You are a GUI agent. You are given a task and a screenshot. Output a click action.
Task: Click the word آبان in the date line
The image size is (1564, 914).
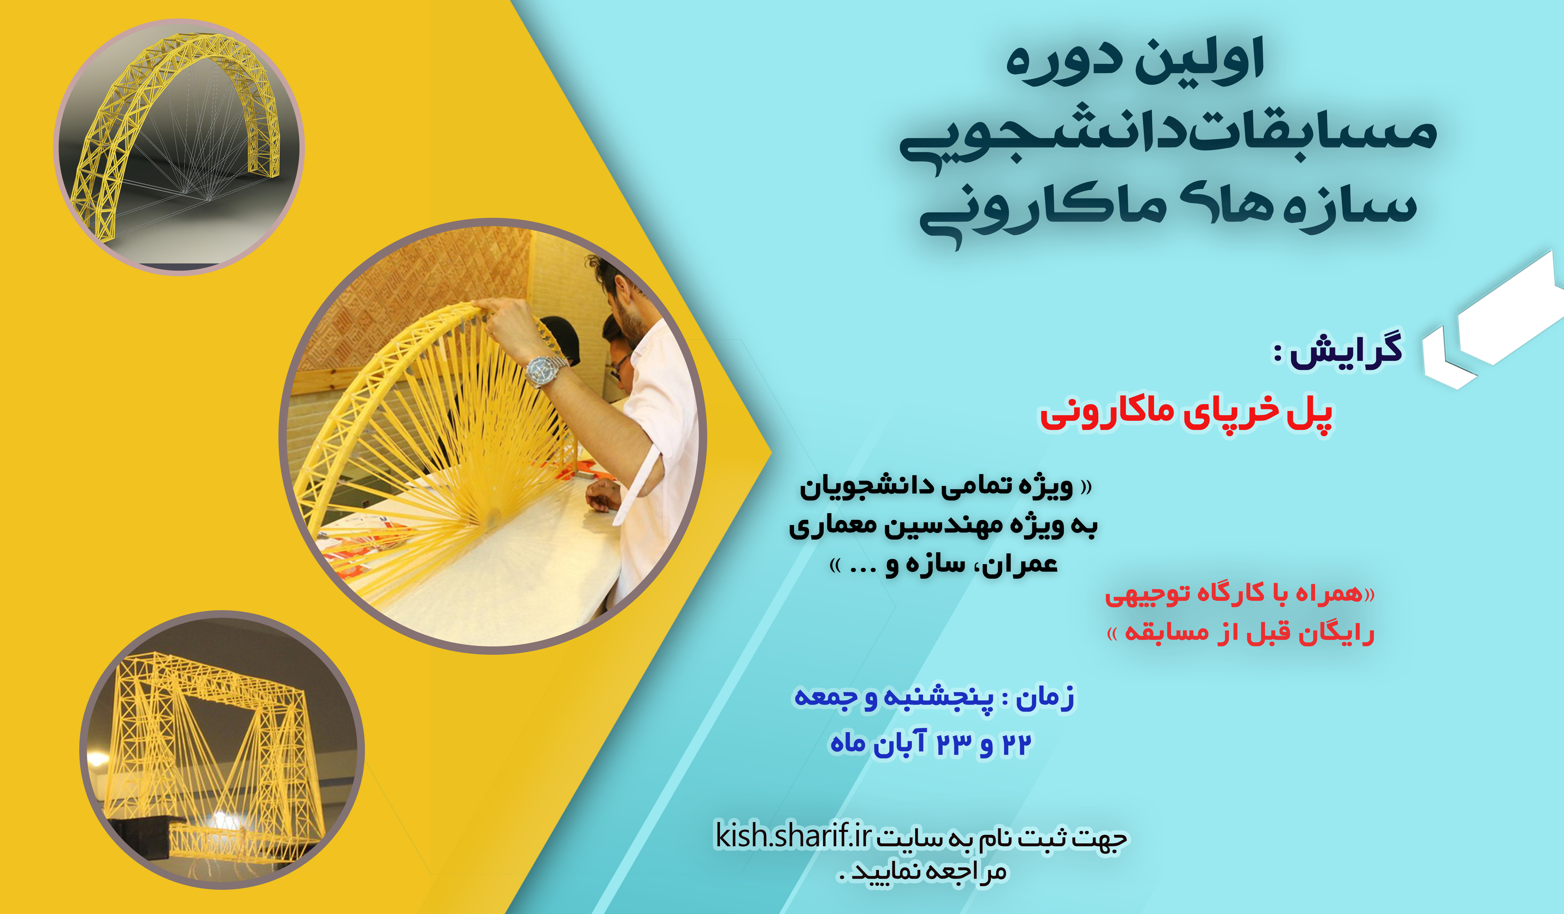[900, 743]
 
